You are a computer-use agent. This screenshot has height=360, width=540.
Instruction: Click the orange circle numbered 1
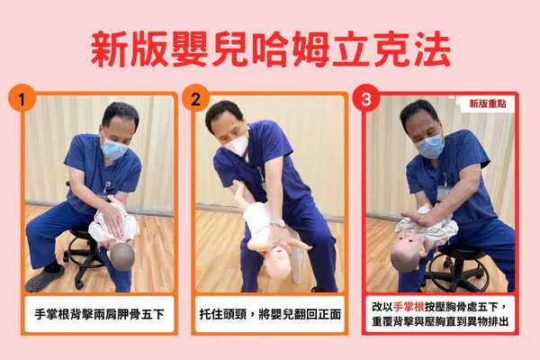pos(22,98)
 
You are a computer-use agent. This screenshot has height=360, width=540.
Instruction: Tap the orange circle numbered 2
pos(195,98)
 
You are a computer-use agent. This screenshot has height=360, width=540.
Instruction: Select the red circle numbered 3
pos(366,98)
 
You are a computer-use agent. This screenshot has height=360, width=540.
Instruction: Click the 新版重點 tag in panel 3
pos(488,103)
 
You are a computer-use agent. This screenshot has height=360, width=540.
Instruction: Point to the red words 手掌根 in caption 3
pos(409,306)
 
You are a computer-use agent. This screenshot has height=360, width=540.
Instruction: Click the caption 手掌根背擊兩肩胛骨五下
pos(99,314)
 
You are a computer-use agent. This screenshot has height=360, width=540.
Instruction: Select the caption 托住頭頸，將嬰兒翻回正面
pos(270,314)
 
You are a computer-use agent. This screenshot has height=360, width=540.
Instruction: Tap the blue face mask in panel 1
pos(113,149)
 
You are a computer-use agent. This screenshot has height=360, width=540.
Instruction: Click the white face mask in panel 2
pos(235,144)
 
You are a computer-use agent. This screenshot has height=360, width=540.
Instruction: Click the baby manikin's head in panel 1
pos(122,256)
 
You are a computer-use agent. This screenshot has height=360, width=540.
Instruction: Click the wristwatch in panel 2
pos(278,222)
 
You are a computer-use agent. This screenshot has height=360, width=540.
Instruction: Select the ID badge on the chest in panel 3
pos(442,191)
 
